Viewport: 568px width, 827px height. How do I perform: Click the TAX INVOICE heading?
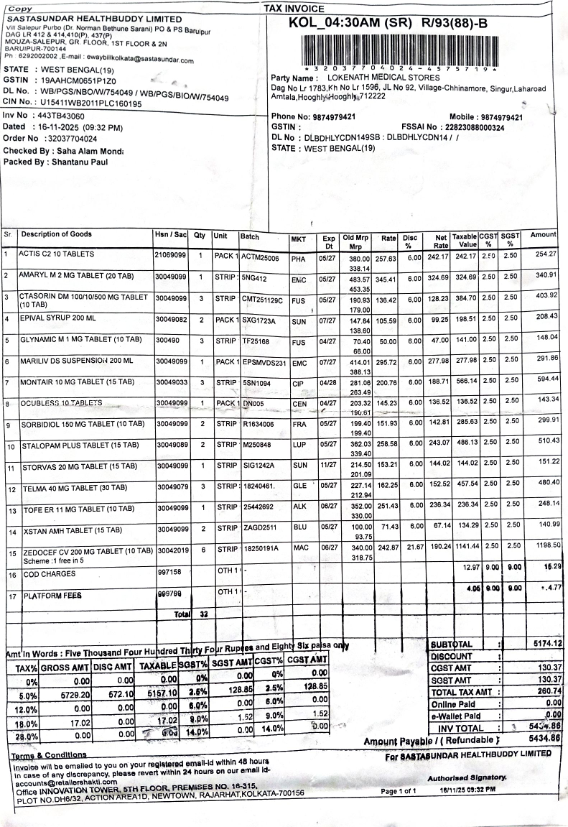(x=294, y=8)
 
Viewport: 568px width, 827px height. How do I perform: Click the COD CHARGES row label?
(x=45, y=576)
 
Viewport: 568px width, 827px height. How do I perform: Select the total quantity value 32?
(x=204, y=615)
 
